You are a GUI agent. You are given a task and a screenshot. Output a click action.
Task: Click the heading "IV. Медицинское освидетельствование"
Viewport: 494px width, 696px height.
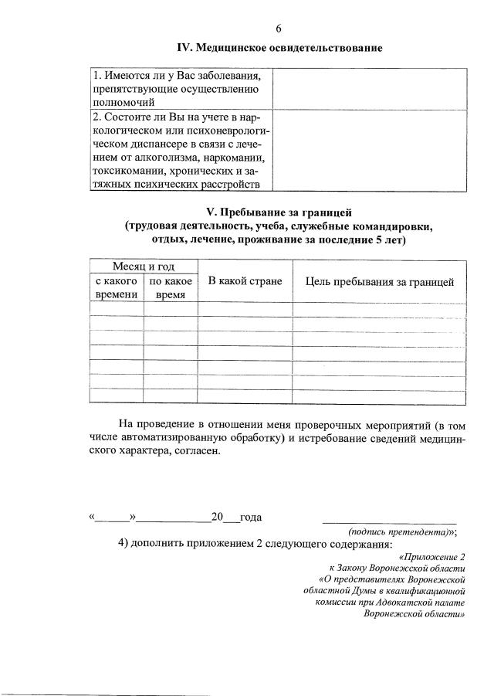point(279,49)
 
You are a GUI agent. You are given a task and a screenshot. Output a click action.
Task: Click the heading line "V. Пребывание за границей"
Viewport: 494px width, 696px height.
point(279,211)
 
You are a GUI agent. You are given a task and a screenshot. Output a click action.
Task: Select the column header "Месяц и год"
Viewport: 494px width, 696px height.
point(144,267)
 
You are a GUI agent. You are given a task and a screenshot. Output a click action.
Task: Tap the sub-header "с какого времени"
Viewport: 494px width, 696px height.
point(117,288)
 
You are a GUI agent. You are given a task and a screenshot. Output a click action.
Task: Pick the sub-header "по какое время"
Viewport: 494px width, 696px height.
point(171,288)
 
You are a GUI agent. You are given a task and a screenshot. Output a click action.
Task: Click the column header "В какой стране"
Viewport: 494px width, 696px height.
point(245,281)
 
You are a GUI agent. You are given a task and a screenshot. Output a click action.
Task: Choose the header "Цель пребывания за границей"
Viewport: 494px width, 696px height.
point(380,281)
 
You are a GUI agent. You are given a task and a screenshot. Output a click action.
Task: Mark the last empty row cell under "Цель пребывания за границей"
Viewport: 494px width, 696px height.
point(380,396)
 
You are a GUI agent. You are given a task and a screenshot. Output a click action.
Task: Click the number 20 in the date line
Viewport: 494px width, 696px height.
point(218,518)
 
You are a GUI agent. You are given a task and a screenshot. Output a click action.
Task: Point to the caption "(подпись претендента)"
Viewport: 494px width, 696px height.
point(399,532)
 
